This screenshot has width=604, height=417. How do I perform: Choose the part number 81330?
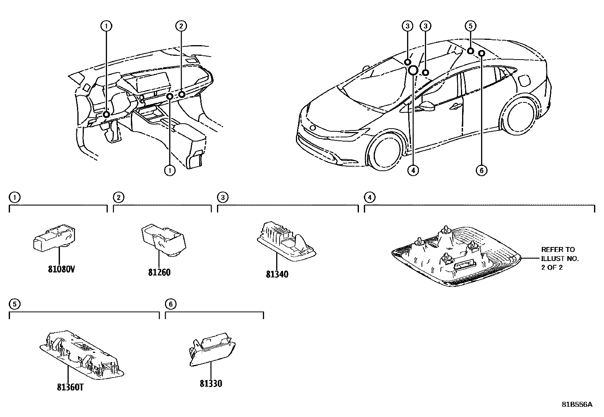211,384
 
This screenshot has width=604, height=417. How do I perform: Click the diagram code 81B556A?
577,404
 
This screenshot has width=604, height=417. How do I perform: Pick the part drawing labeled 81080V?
55,238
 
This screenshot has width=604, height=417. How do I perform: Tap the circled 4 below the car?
413,170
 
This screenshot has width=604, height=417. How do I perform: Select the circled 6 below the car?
481,170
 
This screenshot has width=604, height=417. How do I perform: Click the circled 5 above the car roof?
470,26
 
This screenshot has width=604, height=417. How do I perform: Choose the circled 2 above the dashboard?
181,26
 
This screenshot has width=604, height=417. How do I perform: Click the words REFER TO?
558,250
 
